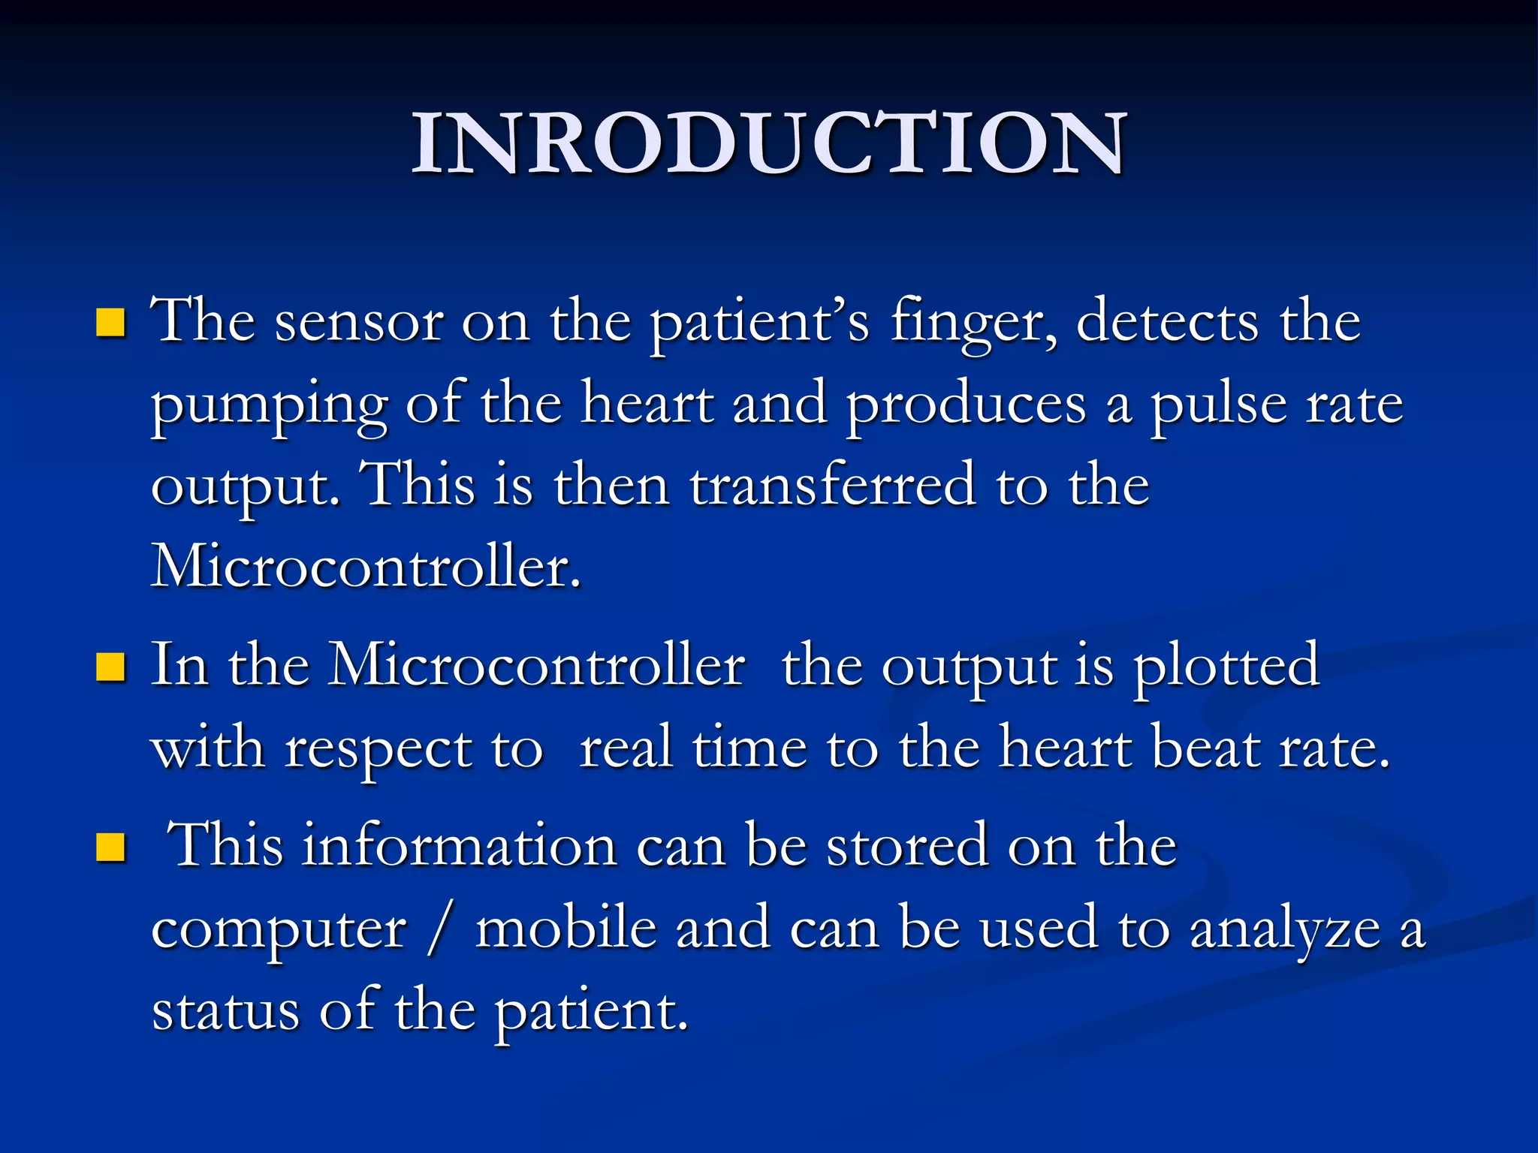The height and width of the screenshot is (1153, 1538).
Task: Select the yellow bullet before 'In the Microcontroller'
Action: (110, 667)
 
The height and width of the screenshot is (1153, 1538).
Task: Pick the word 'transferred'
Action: (833, 486)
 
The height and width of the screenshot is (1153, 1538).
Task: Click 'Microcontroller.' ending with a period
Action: (366, 567)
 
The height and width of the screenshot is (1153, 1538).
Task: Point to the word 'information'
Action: (460, 846)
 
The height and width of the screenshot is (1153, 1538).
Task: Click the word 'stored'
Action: (906, 846)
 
